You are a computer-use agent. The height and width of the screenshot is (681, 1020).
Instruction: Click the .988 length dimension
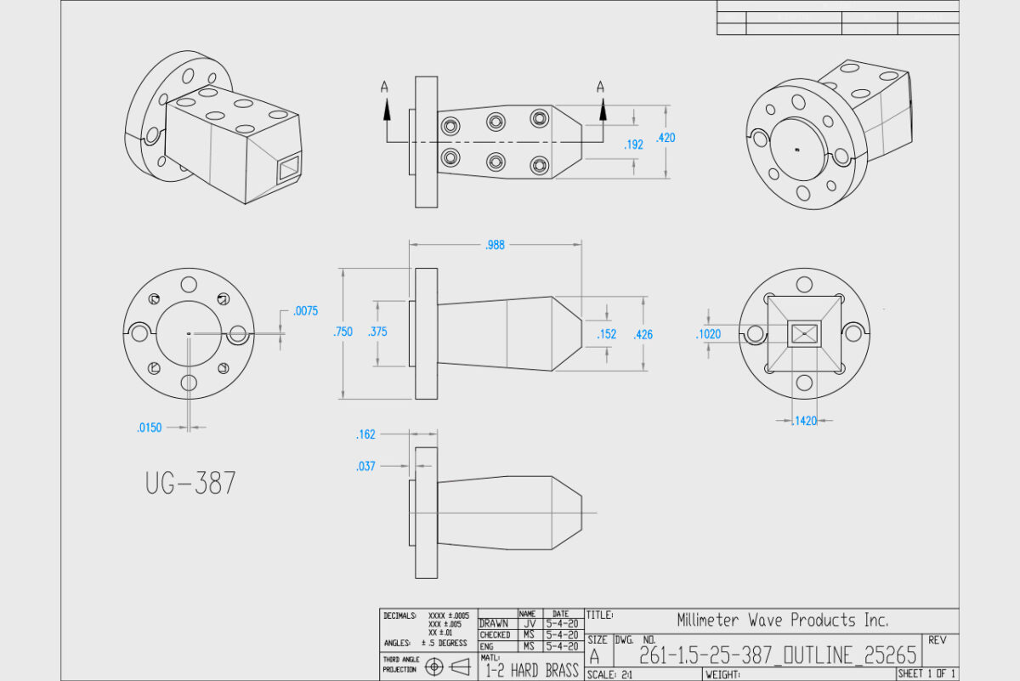pos(495,245)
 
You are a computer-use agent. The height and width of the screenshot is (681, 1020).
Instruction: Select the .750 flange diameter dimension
pos(343,332)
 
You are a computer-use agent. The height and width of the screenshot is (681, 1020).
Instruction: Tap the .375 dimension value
pos(378,332)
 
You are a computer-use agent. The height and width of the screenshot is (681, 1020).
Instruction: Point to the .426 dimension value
pos(643,335)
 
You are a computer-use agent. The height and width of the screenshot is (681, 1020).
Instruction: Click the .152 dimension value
pos(606,335)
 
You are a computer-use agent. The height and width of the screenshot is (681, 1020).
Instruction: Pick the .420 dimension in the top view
pos(666,138)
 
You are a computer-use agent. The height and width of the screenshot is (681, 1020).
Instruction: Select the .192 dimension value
pos(633,145)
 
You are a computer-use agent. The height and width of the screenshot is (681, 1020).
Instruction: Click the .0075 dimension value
pos(306,311)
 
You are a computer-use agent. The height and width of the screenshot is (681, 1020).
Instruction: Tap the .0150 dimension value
pos(150,428)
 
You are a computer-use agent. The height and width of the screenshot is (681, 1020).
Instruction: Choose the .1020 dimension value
pos(708,334)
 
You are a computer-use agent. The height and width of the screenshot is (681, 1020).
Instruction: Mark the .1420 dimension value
pos(803,421)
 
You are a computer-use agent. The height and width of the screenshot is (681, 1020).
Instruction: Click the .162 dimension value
pos(365,435)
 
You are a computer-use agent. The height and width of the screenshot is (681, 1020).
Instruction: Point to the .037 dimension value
pos(365,466)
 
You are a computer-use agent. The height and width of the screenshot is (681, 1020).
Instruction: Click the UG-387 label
pos(190,484)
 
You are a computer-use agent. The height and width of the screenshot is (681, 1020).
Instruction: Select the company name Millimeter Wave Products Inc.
pos(783,620)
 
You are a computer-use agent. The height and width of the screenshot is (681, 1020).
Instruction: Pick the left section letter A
pos(385,86)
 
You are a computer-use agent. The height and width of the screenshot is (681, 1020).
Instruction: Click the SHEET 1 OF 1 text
pos(926,673)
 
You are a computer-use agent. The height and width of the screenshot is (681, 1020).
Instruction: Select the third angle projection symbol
pos(447,667)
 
